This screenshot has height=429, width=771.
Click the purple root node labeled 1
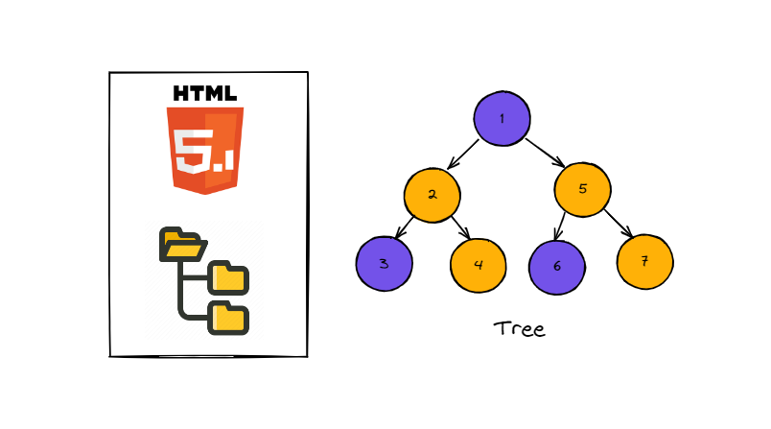coord(502,119)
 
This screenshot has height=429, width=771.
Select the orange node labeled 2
coord(432,195)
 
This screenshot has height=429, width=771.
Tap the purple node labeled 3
coord(385,262)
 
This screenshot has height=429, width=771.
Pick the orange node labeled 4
coord(478,263)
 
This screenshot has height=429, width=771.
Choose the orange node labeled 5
coord(582,188)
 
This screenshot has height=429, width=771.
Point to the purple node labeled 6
coord(557,264)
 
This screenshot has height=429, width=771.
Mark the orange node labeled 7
coord(645,259)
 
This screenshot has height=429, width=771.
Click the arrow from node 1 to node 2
coord(462,155)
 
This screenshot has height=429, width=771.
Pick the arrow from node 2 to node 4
coord(458,228)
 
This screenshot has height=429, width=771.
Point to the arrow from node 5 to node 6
coord(562,226)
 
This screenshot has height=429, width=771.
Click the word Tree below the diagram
coord(519,329)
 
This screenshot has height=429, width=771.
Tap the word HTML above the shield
coord(205,94)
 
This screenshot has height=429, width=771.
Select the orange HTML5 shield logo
coord(205,149)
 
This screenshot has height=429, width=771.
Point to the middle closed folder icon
coord(229,277)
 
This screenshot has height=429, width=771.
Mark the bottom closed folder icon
coord(229,317)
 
